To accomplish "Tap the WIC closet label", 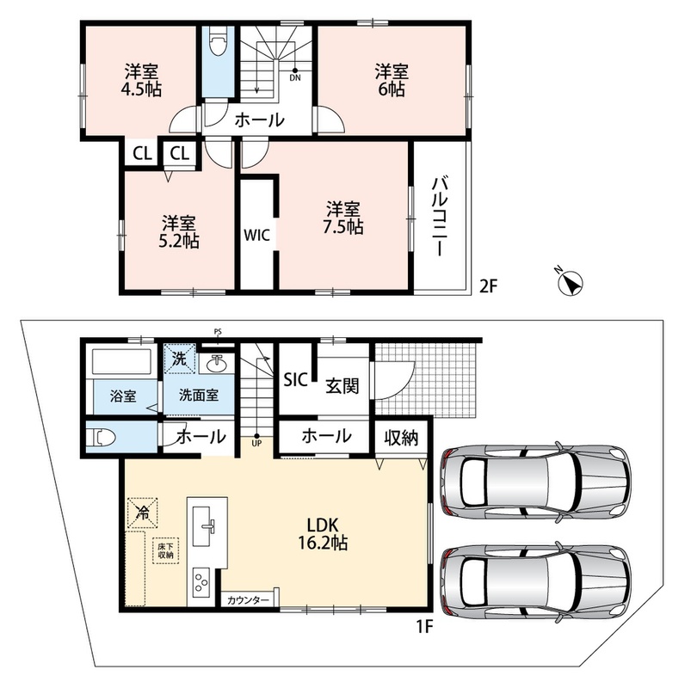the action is (x=256, y=235).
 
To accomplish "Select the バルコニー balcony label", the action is (x=440, y=216).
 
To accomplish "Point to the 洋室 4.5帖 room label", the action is (x=141, y=80).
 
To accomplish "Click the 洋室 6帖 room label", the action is (x=392, y=80).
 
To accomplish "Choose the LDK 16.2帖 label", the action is (x=323, y=534).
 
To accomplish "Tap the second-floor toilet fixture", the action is (x=218, y=41).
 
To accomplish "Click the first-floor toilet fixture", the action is (x=101, y=438).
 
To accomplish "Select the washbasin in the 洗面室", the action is (x=216, y=363).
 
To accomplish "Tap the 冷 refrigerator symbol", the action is (x=142, y=512).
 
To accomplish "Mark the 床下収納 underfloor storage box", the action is (x=166, y=550).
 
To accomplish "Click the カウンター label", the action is (x=248, y=600).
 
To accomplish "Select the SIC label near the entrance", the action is (x=295, y=379).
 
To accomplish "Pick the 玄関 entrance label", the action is (x=342, y=386).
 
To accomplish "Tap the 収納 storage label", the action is (x=401, y=438).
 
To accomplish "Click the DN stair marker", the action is (x=295, y=76).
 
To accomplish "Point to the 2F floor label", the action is (x=488, y=286).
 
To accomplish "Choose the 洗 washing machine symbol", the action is (x=179, y=359).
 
